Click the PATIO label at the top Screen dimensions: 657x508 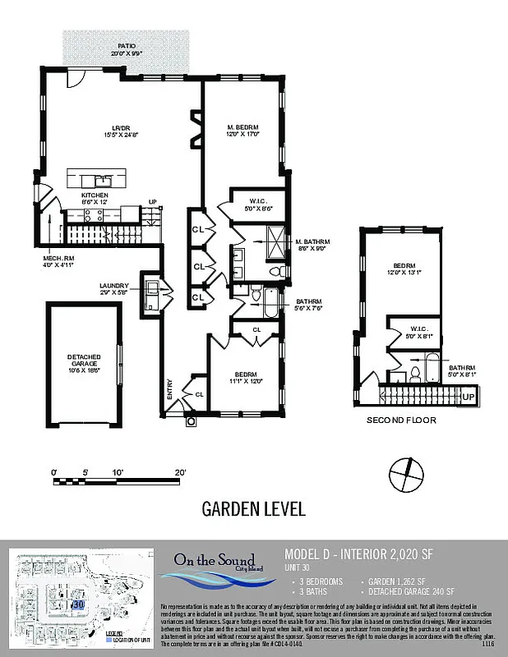(126, 49)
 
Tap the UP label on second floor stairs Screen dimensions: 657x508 (468, 397)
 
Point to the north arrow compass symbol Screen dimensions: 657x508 (406, 474)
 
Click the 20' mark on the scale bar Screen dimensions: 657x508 (180, 472)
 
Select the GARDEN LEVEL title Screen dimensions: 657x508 (253, 509)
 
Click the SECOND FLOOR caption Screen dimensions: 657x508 (400, 420)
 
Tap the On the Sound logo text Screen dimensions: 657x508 (214, 561)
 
